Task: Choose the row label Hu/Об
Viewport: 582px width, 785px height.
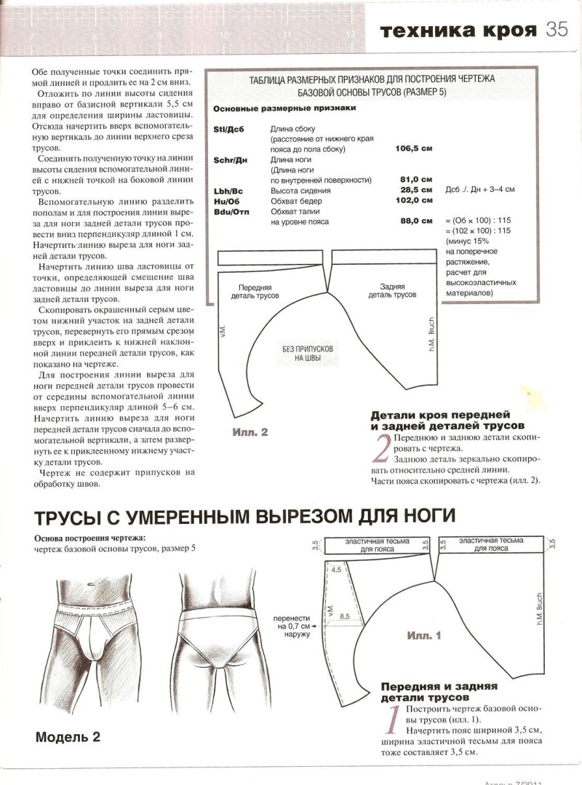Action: coord(228,200)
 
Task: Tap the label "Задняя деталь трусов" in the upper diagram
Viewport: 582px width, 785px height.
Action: coord(392,291)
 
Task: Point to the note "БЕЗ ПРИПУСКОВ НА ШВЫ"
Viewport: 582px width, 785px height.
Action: coord(308,354)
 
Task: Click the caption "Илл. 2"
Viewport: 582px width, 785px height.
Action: coord(251,431)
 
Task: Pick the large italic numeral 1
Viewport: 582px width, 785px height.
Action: coord(391,720)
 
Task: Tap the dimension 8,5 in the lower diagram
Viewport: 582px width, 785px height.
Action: coord(345,615)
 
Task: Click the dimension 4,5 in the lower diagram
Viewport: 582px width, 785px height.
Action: coord(335,571)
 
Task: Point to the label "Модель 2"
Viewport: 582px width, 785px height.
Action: coord(68,736)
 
